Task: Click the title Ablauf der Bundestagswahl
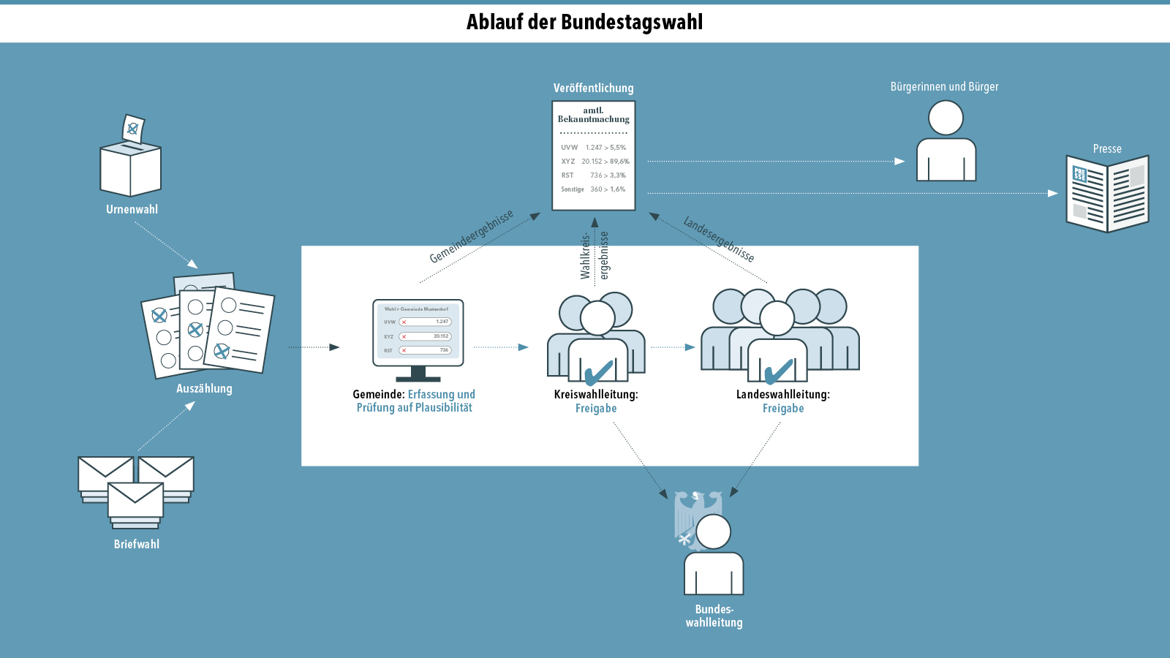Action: (584, 22)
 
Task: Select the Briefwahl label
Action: (137, 544)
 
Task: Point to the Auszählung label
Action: (204, 388)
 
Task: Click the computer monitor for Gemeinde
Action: (418, 333)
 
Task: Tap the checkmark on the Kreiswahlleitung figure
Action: (598, 372)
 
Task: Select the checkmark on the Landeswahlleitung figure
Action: (778, 372)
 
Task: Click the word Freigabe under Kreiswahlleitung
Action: (596, 408)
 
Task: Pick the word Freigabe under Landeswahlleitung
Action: (783, 408)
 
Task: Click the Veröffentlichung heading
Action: (593, 88)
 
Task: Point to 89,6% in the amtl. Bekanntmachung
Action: (619, 162)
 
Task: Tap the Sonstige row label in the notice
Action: (573, 189)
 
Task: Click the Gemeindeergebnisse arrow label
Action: (472, 236)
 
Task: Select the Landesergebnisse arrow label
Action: (718, 239)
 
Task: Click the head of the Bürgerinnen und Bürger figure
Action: (946, 118)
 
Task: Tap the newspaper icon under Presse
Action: (1107, 194)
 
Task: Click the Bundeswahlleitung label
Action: (714, 616)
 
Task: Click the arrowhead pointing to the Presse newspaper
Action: (1053, 193)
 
